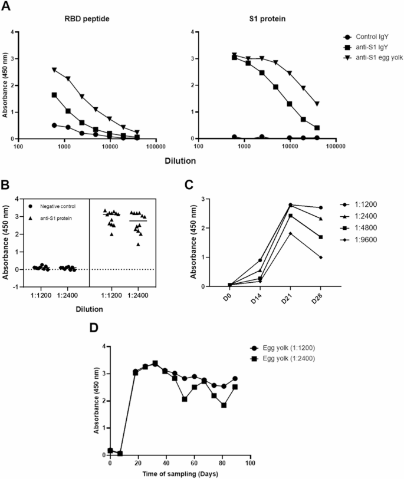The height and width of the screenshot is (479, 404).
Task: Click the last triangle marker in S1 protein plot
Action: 317,104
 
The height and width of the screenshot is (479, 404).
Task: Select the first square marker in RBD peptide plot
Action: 55,95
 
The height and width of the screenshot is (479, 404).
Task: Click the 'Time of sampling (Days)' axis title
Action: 181,473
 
